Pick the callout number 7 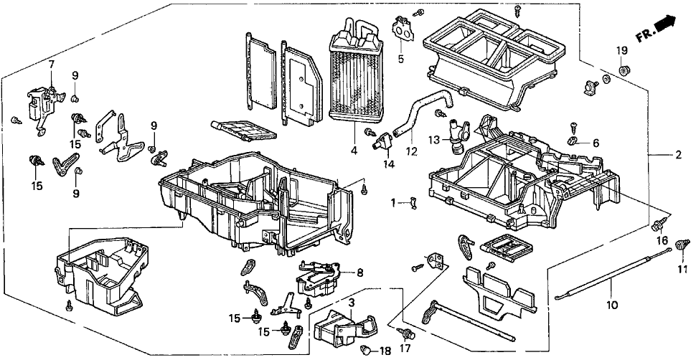tap(51, 65)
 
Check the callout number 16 tap(662, 241)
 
